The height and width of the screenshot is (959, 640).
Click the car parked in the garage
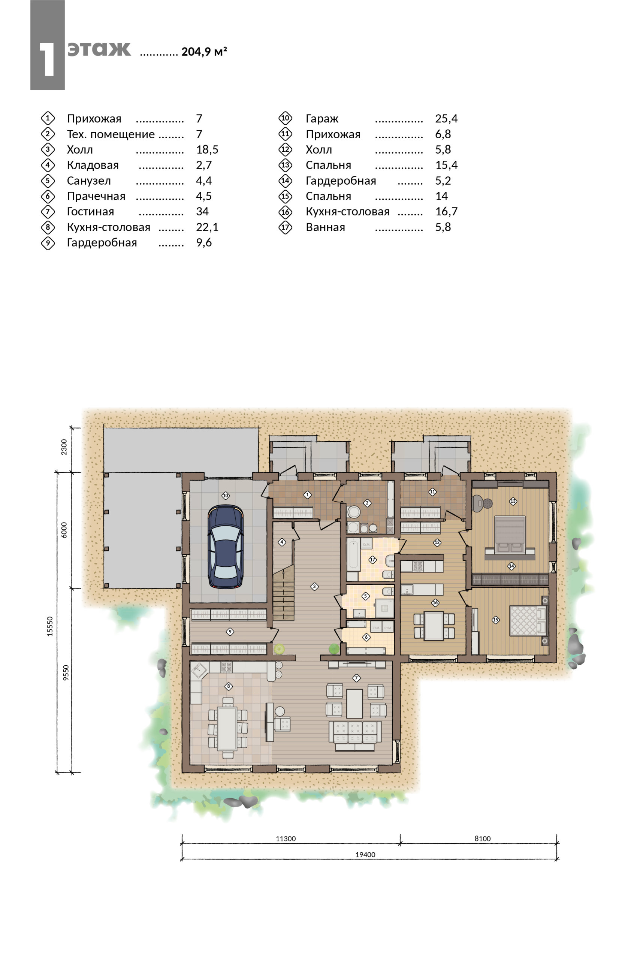[x=225, y=547]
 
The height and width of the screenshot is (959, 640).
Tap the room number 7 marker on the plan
[x=356, y=678]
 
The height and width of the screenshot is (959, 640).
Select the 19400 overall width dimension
[x=365, y=854]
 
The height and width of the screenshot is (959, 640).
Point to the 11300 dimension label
[x=286, y=838]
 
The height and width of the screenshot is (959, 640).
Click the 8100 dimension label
[x=483, y=838]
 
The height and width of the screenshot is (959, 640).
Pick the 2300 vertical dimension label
[x=64, y=447]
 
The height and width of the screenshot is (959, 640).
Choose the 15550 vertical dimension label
[x=50, y=626]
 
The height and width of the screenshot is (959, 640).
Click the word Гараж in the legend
[x=322, y=119]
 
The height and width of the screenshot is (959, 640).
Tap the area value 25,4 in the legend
[x=446, y=119]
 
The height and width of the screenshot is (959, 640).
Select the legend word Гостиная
[x=91, y=211]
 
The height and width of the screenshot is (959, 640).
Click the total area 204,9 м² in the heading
[x=204, y=51]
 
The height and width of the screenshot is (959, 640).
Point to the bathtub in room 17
[x=353, y=556]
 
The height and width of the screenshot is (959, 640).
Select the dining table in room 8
[x=227, y=729]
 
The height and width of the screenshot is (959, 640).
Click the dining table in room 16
[x=434, y=626]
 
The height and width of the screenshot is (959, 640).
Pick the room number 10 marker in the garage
[x=225, y=495]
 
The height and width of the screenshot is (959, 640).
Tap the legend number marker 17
[x=285, y=227]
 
